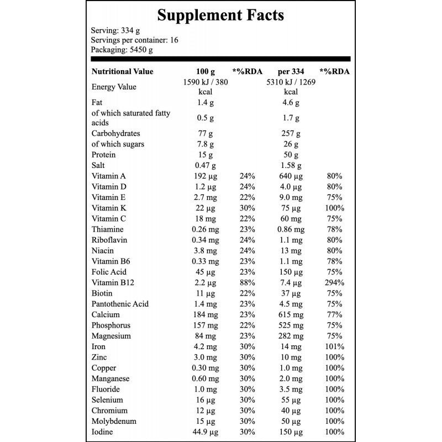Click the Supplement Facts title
(220, 15)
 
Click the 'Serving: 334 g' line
(115, 30)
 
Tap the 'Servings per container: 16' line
(134, 40)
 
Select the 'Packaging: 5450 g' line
(122, 50)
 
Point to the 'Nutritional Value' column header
(122, 71)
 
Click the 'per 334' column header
(291, 72)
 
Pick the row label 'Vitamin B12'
(113, 282)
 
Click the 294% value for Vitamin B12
(335, 282)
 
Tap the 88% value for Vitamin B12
(247, 282)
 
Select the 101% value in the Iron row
(335, 346)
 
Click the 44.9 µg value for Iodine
(205, 432)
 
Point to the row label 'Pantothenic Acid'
(120, 304)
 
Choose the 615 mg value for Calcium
(291, 314)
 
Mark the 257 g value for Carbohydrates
(291, 133)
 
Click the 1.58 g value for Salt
(291, 165)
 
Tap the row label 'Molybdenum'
(114, 421)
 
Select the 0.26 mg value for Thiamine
(205, 229)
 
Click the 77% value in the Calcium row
(335, 314)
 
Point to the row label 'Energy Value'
(114, 87)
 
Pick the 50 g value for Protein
(291, 155)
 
